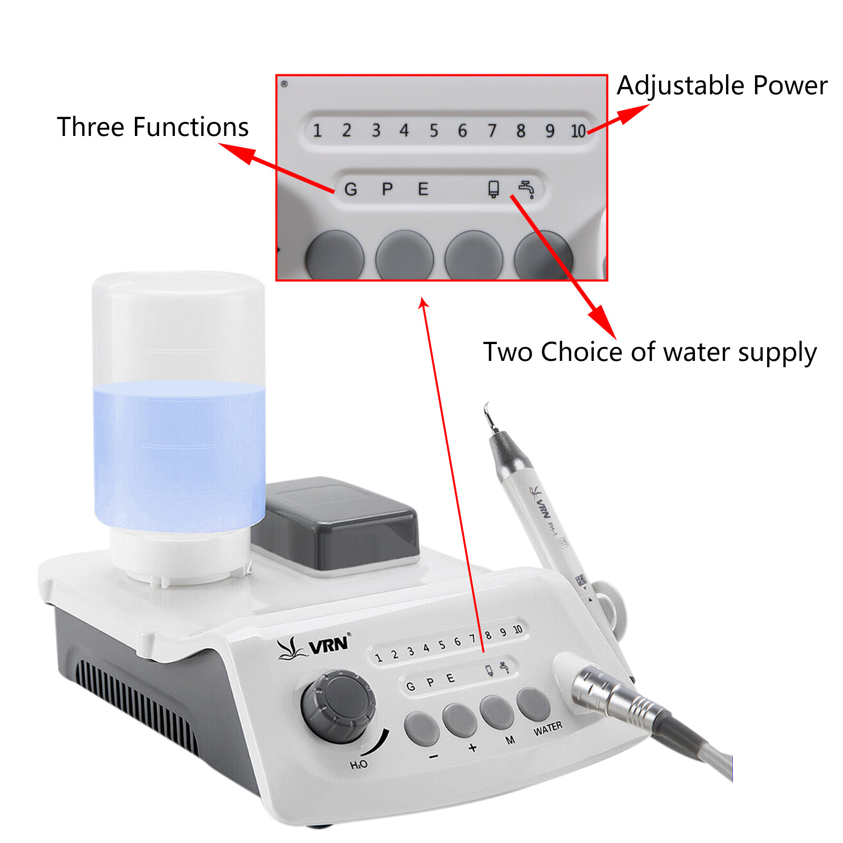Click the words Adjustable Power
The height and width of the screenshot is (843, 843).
721,85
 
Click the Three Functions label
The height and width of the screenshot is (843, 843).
152,128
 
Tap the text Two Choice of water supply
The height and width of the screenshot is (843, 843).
649,352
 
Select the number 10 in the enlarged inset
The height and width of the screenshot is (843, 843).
578,131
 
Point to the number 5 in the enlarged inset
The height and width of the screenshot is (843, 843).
433,131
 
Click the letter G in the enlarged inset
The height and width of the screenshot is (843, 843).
350,189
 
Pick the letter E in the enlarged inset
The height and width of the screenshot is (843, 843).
423,189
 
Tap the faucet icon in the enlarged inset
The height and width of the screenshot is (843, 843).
526,189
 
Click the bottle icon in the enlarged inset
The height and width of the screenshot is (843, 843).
493,189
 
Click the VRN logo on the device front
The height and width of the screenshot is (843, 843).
315,646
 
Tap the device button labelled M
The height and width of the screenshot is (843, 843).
496,711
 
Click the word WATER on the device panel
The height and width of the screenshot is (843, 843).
547,729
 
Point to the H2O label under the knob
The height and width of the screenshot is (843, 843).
359,764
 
